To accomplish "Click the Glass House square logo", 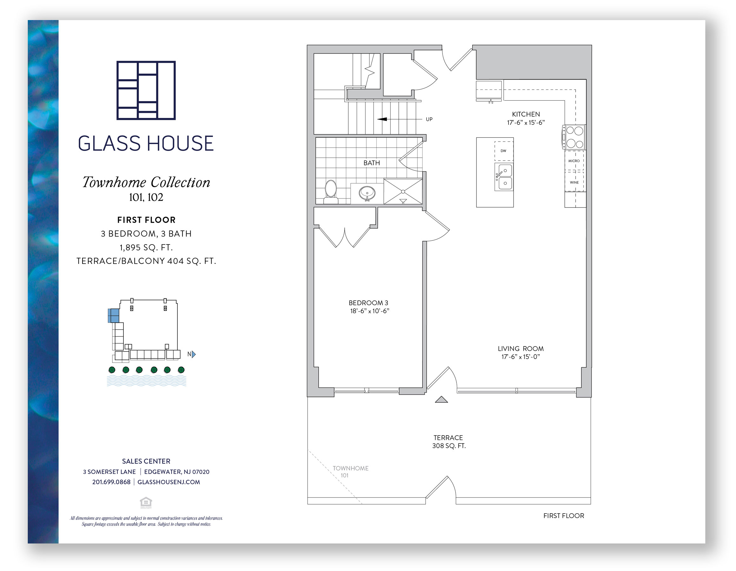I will click(x=146, y=90).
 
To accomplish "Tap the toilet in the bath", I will click(x=331, y=192).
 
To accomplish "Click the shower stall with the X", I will click(x=403, y=192).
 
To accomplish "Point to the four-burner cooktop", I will click(x=574, y=137).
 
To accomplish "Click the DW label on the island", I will click(x=503, y=151).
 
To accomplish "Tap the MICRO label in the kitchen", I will click(x=574, y=161).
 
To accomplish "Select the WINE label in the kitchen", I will click(x=574, y=182).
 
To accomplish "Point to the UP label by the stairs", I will click(x=429, y=119).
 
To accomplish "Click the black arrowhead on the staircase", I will click(x=382, y=119).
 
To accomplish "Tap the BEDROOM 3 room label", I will click(x=368, y=303).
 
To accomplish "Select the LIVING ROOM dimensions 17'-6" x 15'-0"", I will click(x=521, y=357).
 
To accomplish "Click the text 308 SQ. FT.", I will click(x=449, y=446).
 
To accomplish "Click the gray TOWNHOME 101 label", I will click(x=350, y=471).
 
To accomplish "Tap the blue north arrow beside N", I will click(x=194, y=354).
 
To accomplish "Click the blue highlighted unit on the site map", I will click(x=114, y=316).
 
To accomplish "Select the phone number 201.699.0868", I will click(x=111, y=482).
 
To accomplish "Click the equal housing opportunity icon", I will click(x=146, y=502).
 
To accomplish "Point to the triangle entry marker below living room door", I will click(x=441, y=400).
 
